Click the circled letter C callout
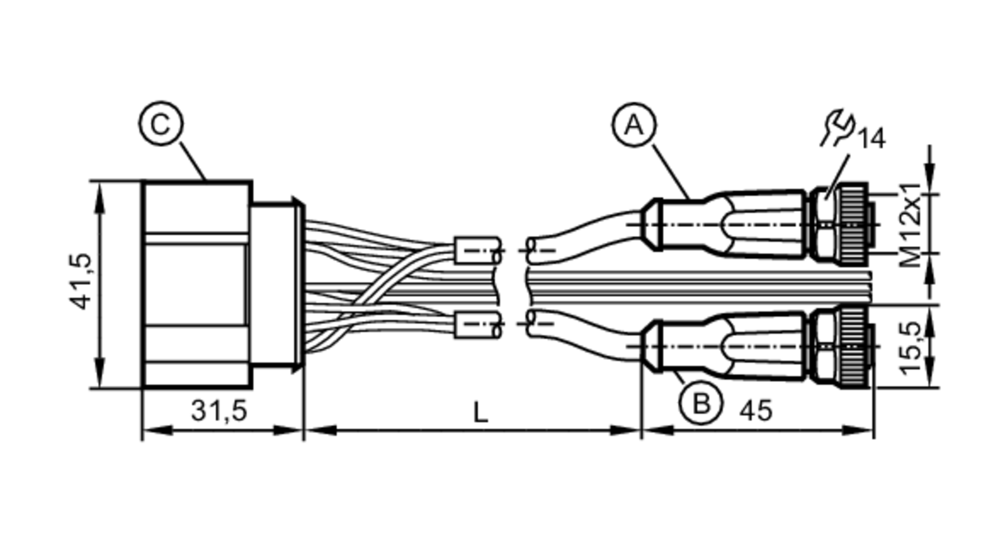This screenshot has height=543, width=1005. pyautogui.click(x=161, y=124)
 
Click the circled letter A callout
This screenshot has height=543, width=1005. pyautogui.click(x=634, y=125)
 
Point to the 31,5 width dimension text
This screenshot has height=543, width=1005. pyautogui.click(x=219, y=410)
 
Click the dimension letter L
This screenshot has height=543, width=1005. pyautogui.click(x=481, y=413)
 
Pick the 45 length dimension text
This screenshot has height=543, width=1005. pyautogui.click(x=755, y=411)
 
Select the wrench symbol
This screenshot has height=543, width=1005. pyautogui.click(x=838, y=128)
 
